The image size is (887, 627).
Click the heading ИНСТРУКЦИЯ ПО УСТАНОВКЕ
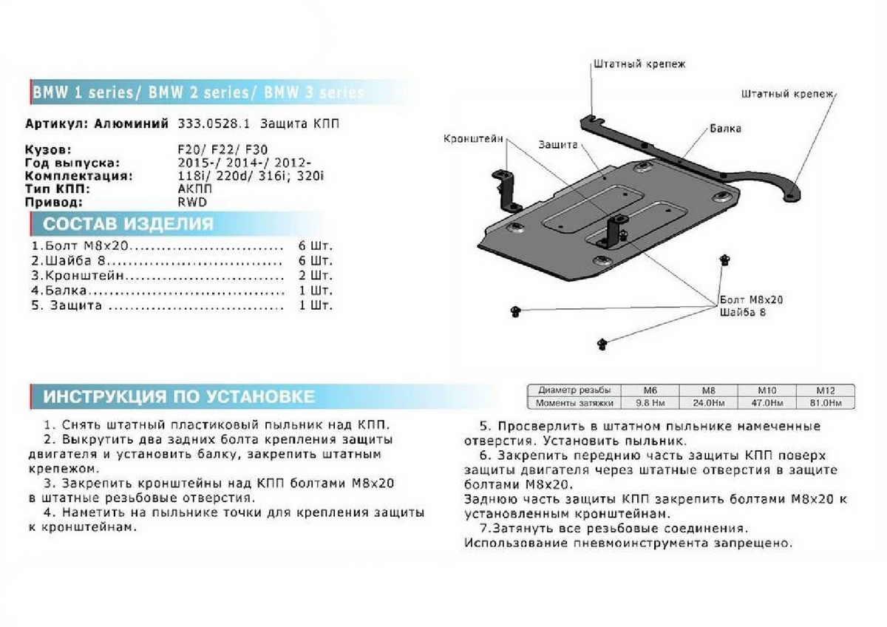tap(178, 396)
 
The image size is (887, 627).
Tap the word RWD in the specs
tap(193, 202)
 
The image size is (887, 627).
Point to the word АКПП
tap(195, 189)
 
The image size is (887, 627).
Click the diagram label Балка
tap(726, 129)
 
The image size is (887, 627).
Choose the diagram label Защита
tap(558, 145)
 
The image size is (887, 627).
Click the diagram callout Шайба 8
tap(743, 313)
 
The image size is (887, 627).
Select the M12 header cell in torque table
tap(825, 390)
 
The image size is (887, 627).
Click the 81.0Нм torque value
tap(825, 403)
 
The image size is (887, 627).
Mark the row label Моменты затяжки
tap(576, 403)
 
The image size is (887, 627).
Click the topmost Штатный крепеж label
tap(639, 64)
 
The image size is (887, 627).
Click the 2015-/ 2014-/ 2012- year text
tap(245, 163)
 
